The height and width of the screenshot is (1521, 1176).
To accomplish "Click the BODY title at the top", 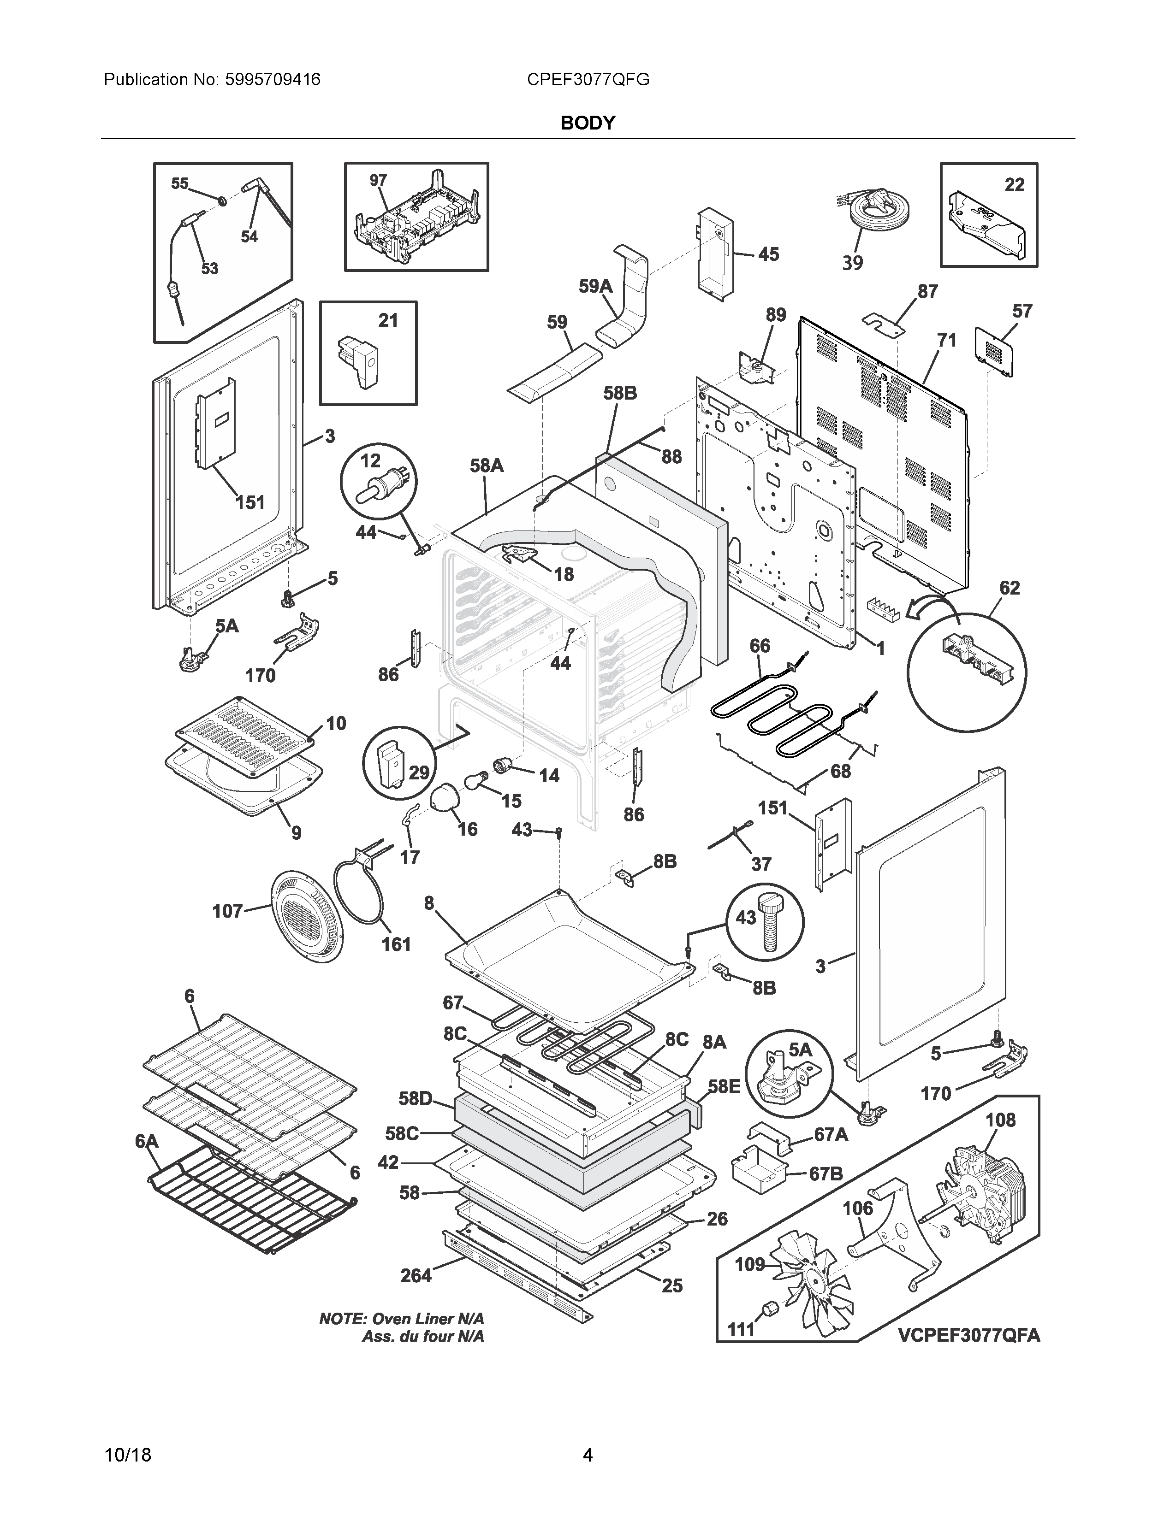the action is tap(587, 123).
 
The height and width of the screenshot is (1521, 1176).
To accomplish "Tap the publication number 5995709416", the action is tap(273, 79).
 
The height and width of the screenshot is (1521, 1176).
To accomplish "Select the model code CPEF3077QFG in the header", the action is tap(588, 79).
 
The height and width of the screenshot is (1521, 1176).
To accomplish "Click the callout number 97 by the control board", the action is tap(378, 180).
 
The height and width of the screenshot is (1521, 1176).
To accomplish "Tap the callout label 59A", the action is tap(596, 286).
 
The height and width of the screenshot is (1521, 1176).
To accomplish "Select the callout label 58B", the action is tap(620, 394).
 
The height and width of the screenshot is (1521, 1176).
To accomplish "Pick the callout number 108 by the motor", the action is tap(1000, 1120).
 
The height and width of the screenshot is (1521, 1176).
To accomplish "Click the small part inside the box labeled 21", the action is tap(357, 362).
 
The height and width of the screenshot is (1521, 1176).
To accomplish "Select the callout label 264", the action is tap(416, 1275).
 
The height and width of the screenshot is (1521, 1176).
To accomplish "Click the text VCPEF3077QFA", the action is tap(968, 1335).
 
